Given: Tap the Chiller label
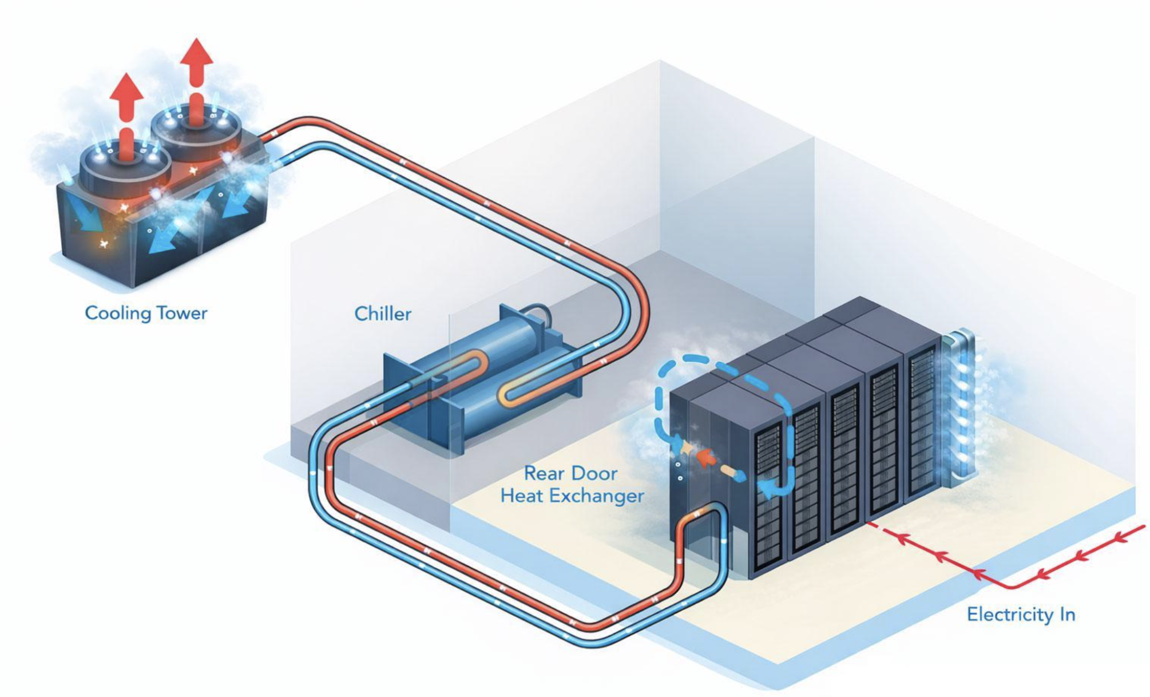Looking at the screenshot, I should point(382,314).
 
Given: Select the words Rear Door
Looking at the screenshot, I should point(570,473).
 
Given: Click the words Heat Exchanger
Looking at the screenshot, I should point(572,496).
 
